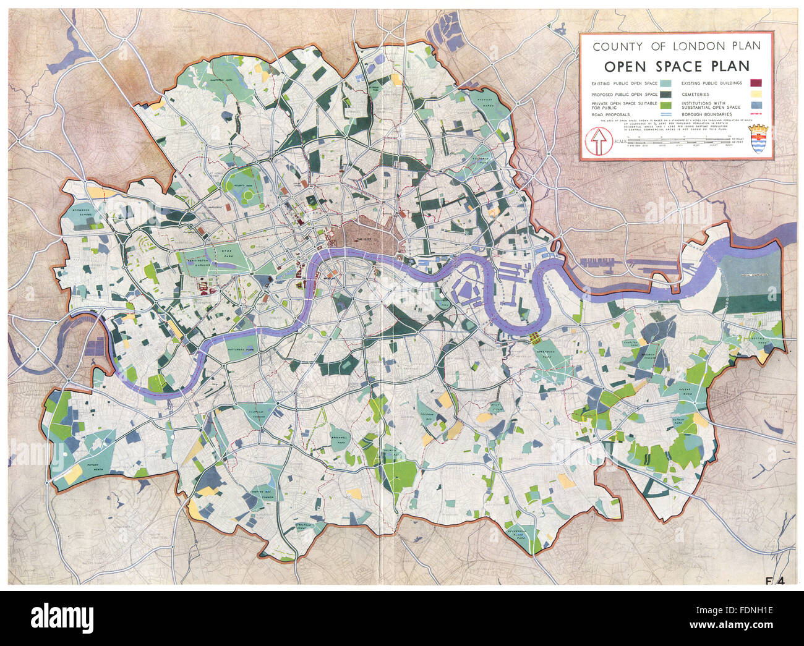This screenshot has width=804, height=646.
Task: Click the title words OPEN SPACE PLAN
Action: point(677,67)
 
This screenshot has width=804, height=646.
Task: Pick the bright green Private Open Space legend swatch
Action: point(665,105)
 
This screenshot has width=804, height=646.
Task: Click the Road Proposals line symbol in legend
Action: point(665,115)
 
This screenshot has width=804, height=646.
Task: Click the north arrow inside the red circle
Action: point(598,142)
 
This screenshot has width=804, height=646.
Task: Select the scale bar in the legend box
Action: point(677,142)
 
